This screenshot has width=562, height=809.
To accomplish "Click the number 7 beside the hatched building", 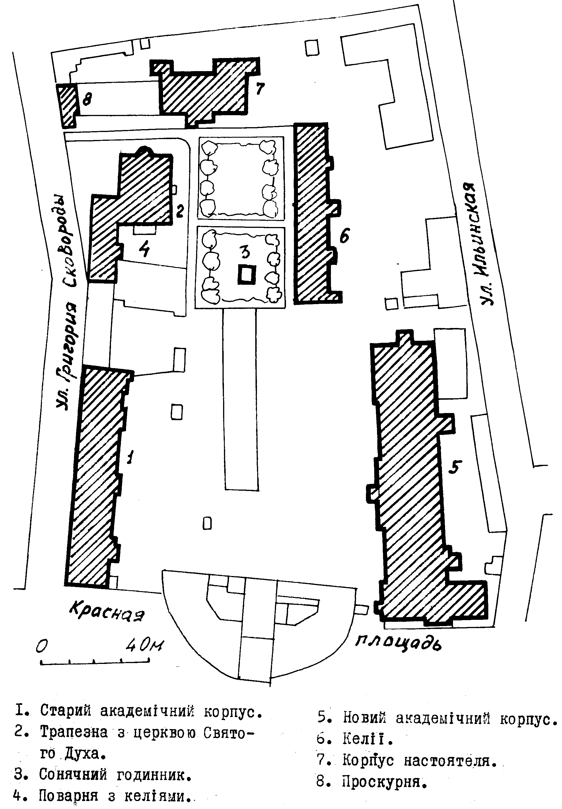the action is (260, 88).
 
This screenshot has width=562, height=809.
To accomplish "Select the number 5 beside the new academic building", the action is (455, 467).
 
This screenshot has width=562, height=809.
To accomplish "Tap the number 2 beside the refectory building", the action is (180, 211).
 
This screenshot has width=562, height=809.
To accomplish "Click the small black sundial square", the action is (247, 274).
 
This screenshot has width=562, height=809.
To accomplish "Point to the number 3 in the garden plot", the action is (245, 252).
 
